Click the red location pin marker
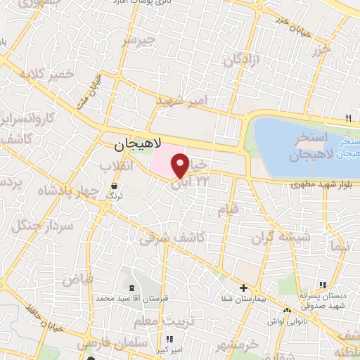(x=179, y=166)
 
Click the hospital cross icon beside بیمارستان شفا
(x=243, y=288)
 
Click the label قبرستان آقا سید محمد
(x=134, y=300)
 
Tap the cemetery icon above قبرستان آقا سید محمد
(x=131, y=288)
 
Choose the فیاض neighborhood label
(x=78, y=279)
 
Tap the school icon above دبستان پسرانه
(x=323, y=285)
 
